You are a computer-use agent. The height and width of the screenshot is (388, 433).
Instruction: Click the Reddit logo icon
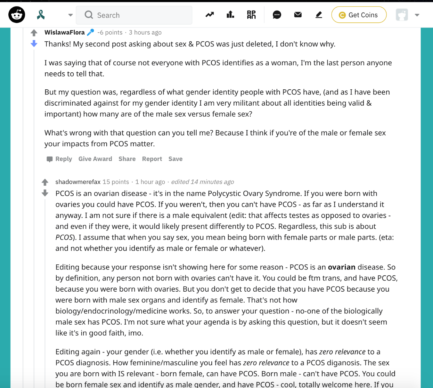coord(17,15)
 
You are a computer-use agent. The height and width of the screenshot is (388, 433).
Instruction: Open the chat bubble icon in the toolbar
coord(277,15)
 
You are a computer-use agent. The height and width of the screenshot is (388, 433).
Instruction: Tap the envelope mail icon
coord(298,15)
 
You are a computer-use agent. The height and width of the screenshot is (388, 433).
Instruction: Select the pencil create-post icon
coord(319,15)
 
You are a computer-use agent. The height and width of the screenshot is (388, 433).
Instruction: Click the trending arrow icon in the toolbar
coord(210,15)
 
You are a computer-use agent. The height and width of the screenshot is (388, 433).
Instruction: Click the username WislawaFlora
coord(64,32)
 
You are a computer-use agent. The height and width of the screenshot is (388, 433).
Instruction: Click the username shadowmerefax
coord(78,182)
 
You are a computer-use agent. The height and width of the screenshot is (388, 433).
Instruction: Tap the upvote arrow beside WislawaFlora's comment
coord(34,33)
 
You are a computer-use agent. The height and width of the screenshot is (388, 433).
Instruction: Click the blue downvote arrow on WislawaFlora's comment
coord(34,44)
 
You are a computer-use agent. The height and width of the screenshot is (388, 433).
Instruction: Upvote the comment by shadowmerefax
coord(45,182)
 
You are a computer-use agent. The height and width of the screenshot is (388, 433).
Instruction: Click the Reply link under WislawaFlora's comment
coord(63,159)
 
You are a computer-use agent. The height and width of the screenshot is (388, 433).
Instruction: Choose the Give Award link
coord(95,159)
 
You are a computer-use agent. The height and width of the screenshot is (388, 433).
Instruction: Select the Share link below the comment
coord(127,159)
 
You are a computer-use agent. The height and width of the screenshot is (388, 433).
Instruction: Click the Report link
coord(152,159)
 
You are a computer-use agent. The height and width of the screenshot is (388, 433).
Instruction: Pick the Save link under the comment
coord(176,159)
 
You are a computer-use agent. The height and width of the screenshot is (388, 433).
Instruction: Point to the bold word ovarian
coord(341,267)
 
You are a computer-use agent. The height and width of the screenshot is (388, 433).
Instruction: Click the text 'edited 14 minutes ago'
coord(202,182)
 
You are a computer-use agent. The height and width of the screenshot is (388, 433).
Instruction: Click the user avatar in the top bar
coord(402,15)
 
